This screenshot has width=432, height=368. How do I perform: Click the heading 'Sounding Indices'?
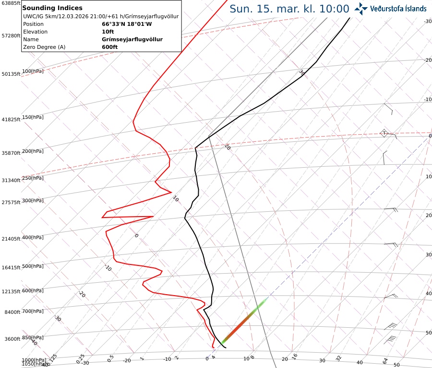pos(52,8)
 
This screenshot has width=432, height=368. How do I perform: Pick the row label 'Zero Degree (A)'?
pos(44,47)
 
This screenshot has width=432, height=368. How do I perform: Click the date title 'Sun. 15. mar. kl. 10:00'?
pos(289,9)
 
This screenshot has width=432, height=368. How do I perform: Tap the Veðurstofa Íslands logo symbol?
pos(360,8)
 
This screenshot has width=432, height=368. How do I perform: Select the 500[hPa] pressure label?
pos(33,266)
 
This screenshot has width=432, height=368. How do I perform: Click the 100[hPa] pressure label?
pos(33,71)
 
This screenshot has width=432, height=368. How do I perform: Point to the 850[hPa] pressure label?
pos(33,337)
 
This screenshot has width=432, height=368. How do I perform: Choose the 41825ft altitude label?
pos(11,119)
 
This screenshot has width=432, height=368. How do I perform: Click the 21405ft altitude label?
pos(11,239)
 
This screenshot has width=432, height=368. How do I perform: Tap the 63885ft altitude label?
pos(11,3)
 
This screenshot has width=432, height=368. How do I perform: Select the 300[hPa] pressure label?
pos(33,200)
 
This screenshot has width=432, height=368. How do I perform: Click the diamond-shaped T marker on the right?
pos(384,133)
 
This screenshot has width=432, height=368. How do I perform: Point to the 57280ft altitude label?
pos(11,35)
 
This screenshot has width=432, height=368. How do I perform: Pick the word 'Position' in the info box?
pos(33,24)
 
